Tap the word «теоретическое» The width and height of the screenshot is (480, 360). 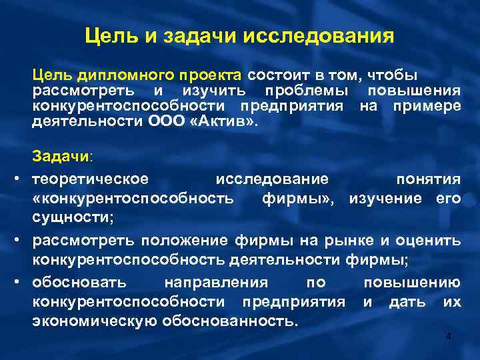pyautogui.click(x=91, y=179)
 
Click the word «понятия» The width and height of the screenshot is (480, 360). pyautogui.click(x=428, y=179)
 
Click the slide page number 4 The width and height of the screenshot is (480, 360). pyautogui.click(x=448, y=338)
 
